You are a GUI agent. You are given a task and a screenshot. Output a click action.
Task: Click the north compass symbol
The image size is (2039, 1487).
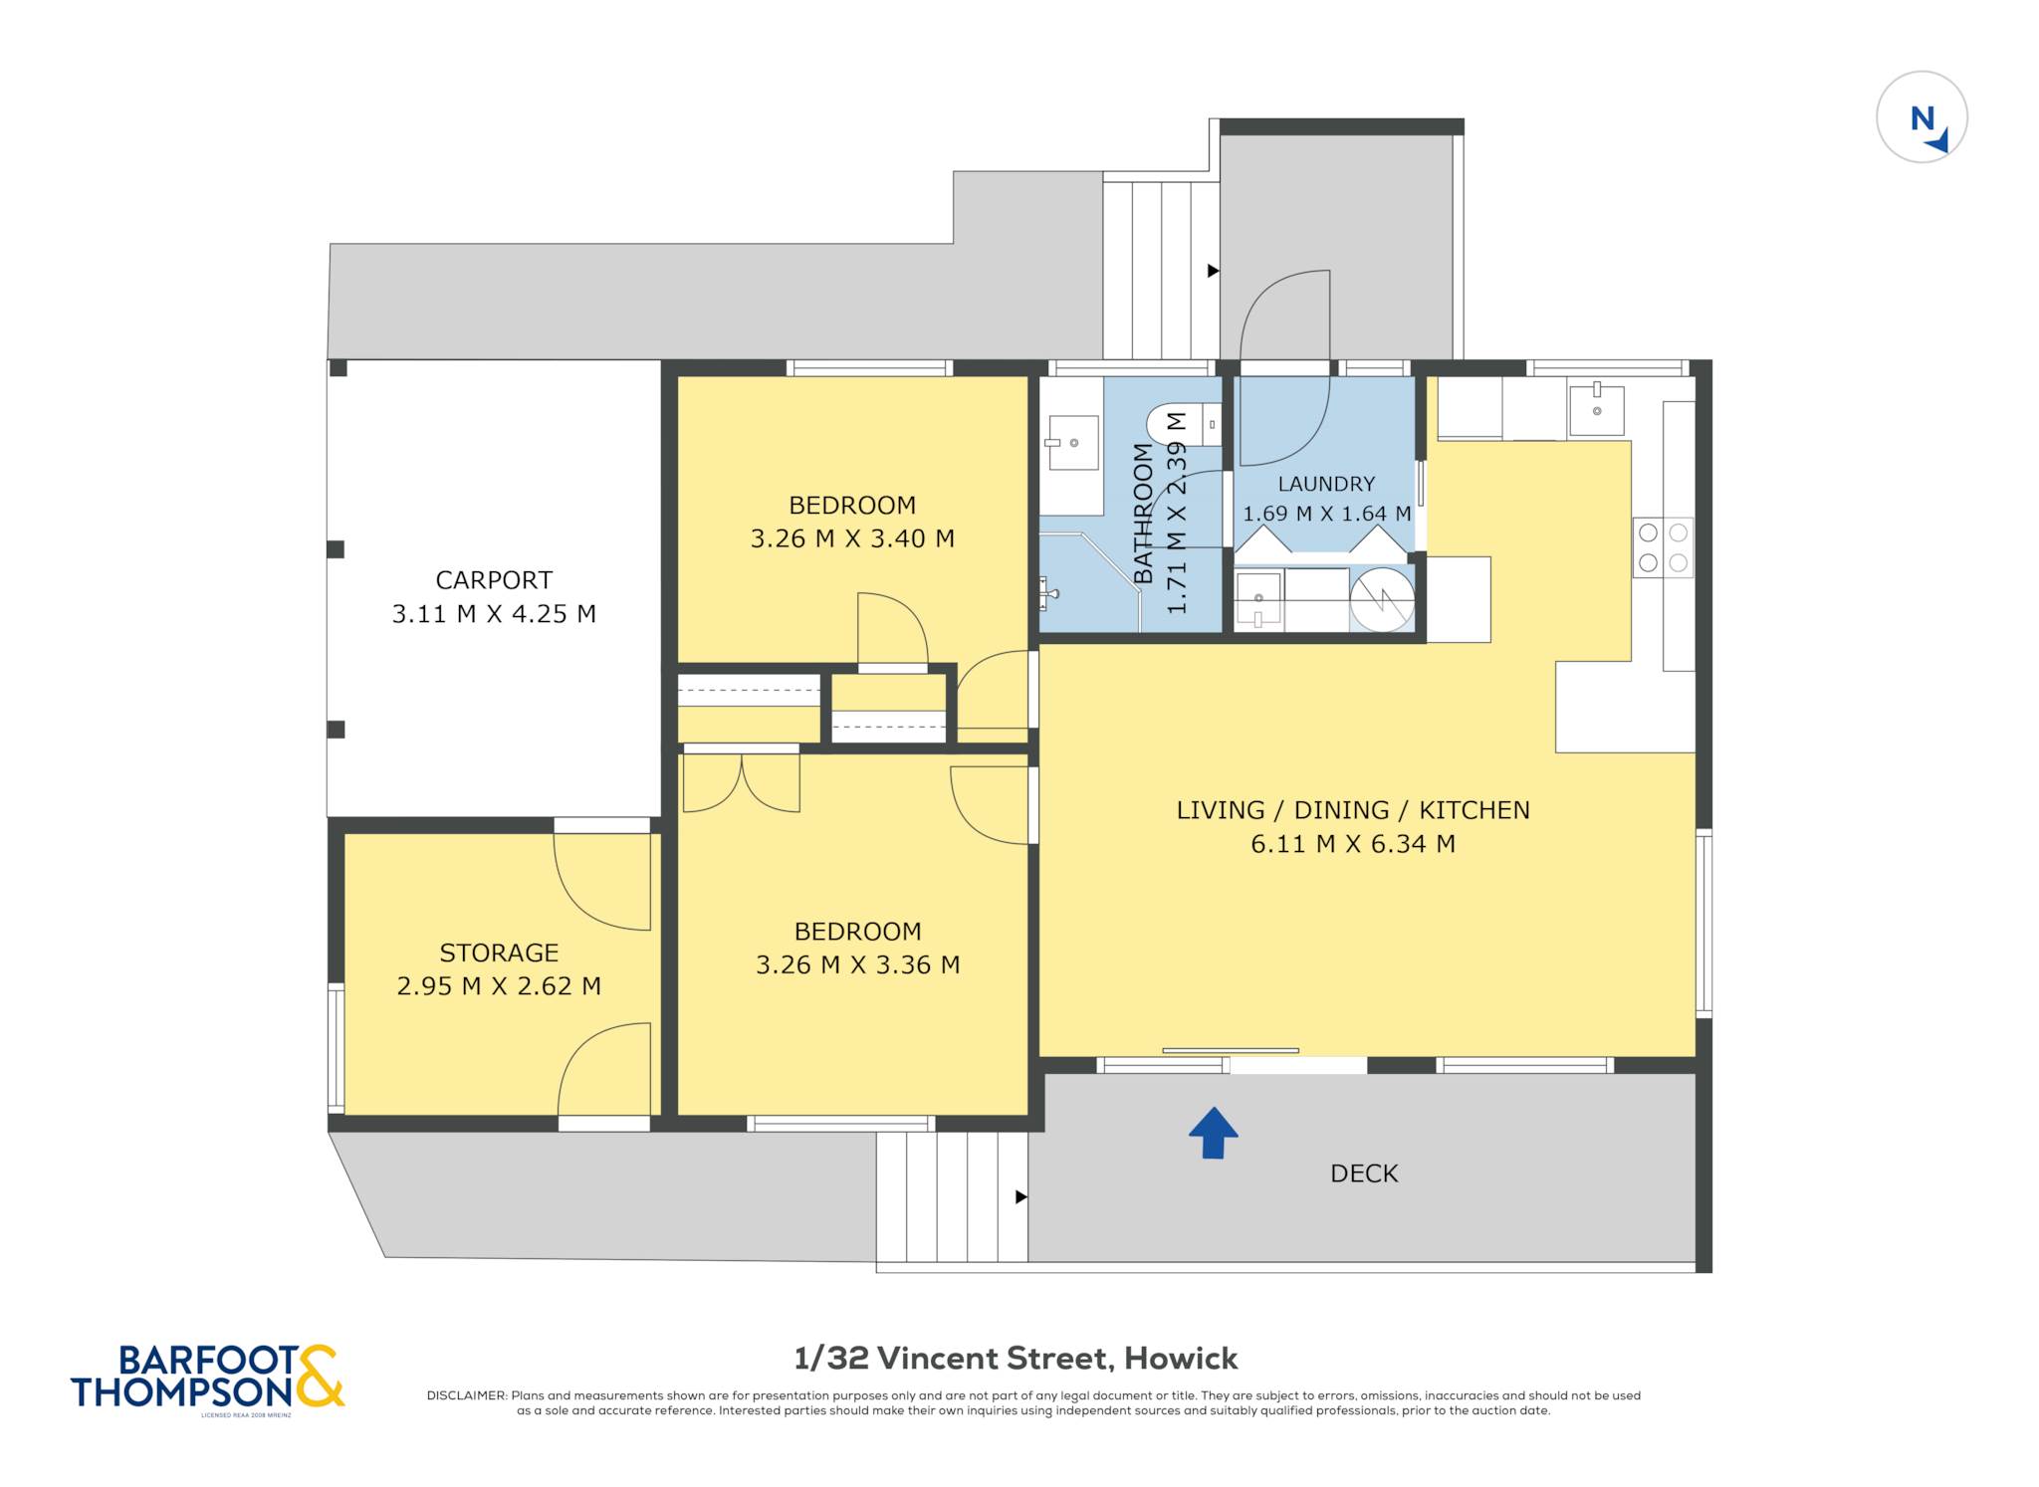pos(1922,117)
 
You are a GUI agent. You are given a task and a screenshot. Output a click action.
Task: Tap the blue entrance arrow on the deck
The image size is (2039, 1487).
pos(1213,1133)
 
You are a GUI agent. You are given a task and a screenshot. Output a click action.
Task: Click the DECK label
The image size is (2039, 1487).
pos(1364,1173)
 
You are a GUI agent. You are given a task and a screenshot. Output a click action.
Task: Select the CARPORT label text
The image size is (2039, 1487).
pos(494,579)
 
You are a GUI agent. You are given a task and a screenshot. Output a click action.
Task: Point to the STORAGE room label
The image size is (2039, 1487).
pos(499,953)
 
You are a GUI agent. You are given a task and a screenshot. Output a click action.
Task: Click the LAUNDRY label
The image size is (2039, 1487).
pos(1326,484)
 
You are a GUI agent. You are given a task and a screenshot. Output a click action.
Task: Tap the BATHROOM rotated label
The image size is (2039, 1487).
pos(1143,514)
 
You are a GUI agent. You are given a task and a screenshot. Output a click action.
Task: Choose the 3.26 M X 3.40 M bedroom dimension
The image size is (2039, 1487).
pos(852,538)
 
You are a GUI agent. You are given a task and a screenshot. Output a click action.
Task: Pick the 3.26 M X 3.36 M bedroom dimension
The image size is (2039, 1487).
pos(857,964)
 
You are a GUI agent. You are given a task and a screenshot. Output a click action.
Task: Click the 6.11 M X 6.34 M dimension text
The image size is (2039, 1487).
pos(1353,844)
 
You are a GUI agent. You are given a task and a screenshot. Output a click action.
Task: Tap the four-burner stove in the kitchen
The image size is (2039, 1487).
pos(1663,547)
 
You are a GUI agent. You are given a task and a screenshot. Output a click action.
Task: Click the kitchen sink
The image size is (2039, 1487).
pos(1596,408)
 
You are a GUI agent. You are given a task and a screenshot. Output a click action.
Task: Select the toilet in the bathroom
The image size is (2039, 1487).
pos(1184,425)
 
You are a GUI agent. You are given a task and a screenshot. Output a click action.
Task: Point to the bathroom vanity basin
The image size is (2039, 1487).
pos(1071,443)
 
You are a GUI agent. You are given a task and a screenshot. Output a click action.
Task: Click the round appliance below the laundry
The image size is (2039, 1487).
pos(1382,599)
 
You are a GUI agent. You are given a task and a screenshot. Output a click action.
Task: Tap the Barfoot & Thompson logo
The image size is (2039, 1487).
pos(207,1378)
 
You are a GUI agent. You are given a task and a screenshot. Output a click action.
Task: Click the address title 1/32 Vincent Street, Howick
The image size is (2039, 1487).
pos(1016,1358)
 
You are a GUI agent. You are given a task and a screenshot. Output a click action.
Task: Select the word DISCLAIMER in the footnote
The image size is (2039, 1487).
pos(467,1395)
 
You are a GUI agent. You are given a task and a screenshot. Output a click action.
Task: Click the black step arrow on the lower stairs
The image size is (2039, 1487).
pos(1020,1196)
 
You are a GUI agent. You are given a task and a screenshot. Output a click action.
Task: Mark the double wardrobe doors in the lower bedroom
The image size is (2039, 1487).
pos(742,782)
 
